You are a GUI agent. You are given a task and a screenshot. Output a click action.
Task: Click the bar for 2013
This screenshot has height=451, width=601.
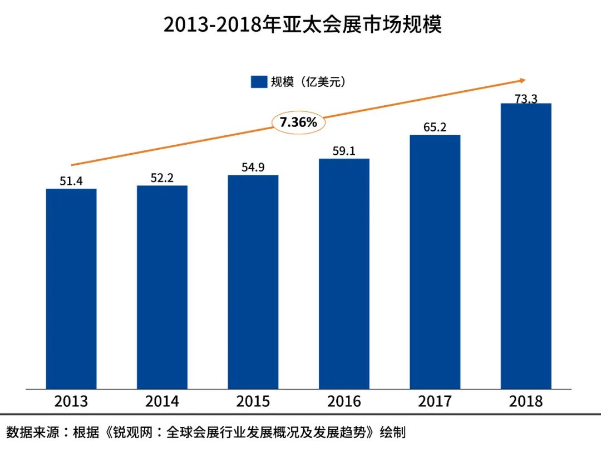click(71, 288)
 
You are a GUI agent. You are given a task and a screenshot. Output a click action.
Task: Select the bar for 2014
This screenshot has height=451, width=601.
click(162, 287)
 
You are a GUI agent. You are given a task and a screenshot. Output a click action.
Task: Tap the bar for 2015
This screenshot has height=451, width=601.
click(253, 282)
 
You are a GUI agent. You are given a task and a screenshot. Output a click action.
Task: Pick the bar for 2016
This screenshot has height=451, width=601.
click(344, 273)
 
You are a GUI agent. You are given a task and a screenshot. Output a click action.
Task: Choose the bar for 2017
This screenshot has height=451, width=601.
click(435, 262)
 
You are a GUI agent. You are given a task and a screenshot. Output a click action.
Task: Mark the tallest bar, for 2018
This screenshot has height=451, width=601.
click(526, 246)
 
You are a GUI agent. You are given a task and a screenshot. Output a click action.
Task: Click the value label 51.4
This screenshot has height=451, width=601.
click(71, 180)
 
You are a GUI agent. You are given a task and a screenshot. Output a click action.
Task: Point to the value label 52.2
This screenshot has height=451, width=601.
click(162, 178)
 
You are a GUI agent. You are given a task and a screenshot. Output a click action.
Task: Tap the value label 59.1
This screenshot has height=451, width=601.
click(344, 151)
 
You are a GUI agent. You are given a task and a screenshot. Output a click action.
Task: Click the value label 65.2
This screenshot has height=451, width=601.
click(435, 127)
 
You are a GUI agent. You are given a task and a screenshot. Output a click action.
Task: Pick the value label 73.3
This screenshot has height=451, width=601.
click(526, 99)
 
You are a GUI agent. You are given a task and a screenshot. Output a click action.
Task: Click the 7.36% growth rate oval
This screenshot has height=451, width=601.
click(298, 122)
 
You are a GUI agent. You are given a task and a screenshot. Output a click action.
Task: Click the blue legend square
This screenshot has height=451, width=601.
click(259, 82)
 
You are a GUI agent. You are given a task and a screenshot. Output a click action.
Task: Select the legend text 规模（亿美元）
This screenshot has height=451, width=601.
click(308, 82)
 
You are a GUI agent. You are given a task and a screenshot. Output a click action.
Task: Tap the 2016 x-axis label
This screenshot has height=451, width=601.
click(344, 401)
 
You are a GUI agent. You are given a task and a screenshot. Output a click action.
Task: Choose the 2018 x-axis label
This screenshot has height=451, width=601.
click(526, 401)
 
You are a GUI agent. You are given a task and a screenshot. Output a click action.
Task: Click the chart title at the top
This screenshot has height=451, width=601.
click(302, 25)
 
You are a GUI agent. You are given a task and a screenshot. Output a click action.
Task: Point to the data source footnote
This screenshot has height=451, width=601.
click(206, 432)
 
